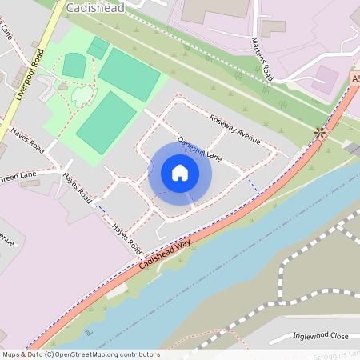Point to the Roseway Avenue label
coord(235,129)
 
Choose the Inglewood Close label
coord(321,336)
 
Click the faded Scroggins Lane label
coord(337,353)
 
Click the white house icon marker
coord(180,173)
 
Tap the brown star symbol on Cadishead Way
coord(322,133)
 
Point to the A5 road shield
coord(354,79)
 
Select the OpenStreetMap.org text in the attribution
coord(80,354)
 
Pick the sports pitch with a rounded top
coord(74,65)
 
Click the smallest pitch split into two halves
coord(98,47)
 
